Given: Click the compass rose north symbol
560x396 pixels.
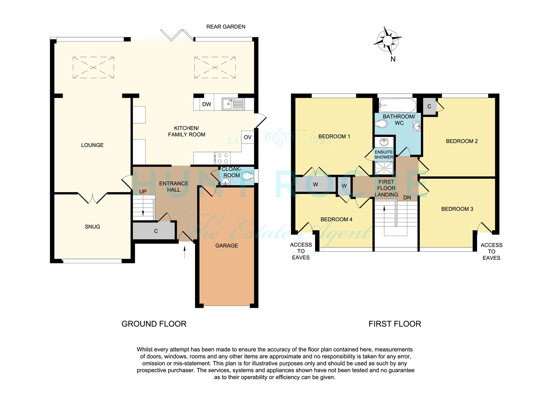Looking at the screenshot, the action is pyautogui.click(x=388, y=41).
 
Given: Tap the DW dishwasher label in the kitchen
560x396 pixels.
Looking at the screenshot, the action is pyautogui.click(x=206, y=104).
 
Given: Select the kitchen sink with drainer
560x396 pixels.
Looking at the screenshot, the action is pyautogui.click(x=233, y=104).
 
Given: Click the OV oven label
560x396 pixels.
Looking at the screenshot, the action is pyautogui.click(x=247, y=137).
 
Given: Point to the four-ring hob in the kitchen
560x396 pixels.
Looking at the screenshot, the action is pyautogui.click(x=223, y=158).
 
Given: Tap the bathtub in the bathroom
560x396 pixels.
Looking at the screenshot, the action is pyautogui.click(x=398, y=105).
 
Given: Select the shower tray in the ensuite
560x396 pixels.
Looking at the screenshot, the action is pyautogui.click(x=384, y=168).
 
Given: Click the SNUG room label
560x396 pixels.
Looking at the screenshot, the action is pyautogui.click(x=92, y=227).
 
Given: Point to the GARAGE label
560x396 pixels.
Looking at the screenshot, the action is pyautogui.click(x=226, y=246).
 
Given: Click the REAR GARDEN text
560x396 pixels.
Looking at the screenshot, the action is pyautogui.click(x=226, y=27).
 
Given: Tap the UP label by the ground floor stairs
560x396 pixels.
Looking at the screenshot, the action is pyautogui.click(x=143, y=192).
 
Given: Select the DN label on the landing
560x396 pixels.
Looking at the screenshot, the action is pyautogui.click(x=407, y=197).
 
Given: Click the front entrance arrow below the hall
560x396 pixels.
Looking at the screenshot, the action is pyautogui.click(x=184, y=252).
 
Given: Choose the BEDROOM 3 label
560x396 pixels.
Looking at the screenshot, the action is pyautogui.click(x=457, y=209).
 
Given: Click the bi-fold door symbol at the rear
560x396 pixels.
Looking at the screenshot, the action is pyautogui.click(x=177, y=35).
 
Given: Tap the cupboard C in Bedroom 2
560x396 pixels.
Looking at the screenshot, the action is pyautogui.click(x=429, y=106).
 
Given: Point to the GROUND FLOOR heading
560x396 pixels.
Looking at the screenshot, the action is pyautogui.click(x=154, y=324).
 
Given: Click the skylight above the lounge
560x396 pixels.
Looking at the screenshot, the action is pyautogui.click(x=93, y=68).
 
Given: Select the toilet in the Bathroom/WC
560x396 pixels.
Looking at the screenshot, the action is pyautogui.click(x=381, y=124).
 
